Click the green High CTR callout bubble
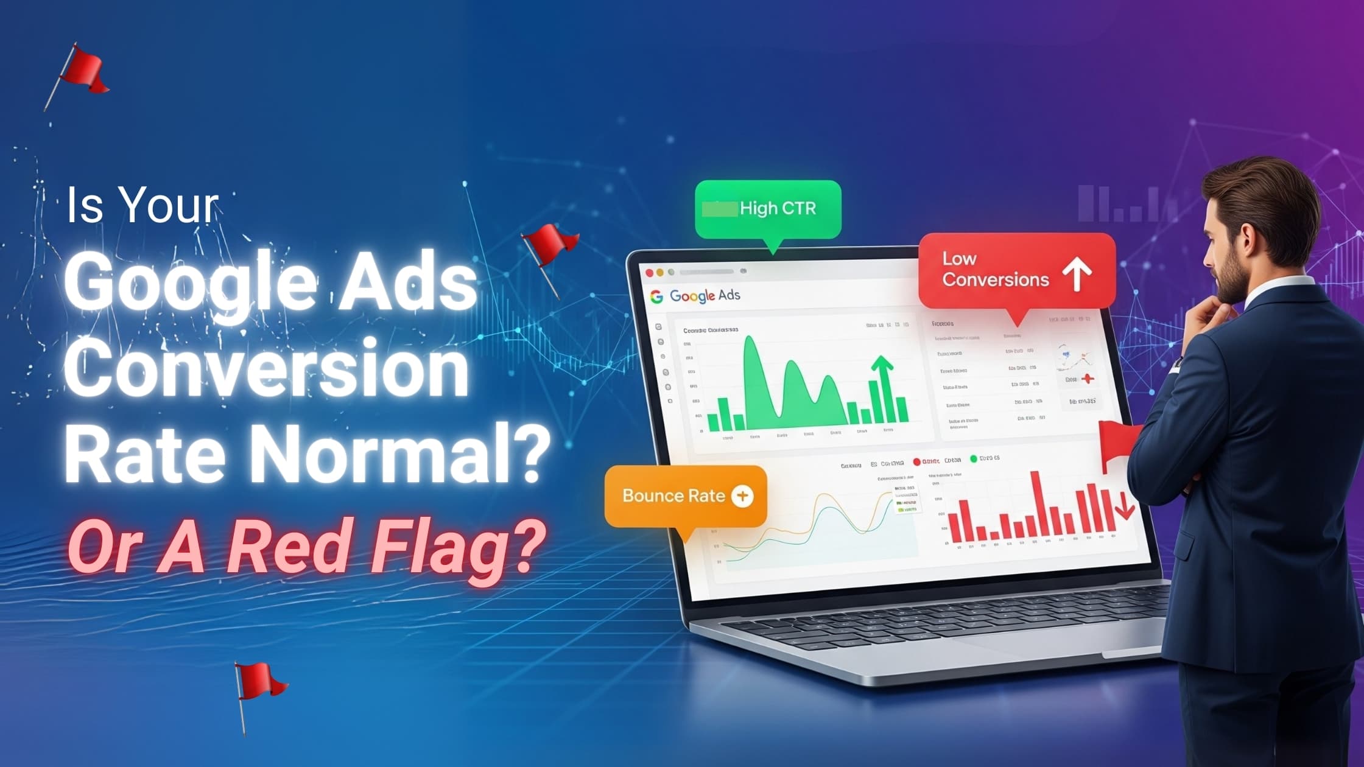click(x=768, y=209)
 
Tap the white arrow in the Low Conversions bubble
click(x=1077, y=273)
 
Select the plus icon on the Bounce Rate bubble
click(x=742, y=496)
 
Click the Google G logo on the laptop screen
click(x=656, y=296)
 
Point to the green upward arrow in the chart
click(x=882, y=371)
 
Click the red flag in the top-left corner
click(x=82, y=70)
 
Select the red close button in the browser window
click(x=649, y=273)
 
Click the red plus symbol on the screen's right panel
click(x=1088, y=379)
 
